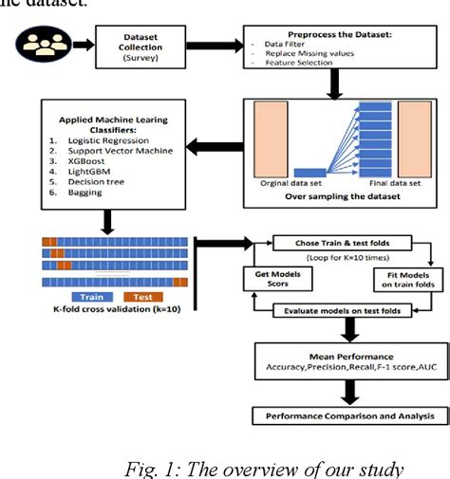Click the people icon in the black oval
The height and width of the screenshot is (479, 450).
pos(40,45)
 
